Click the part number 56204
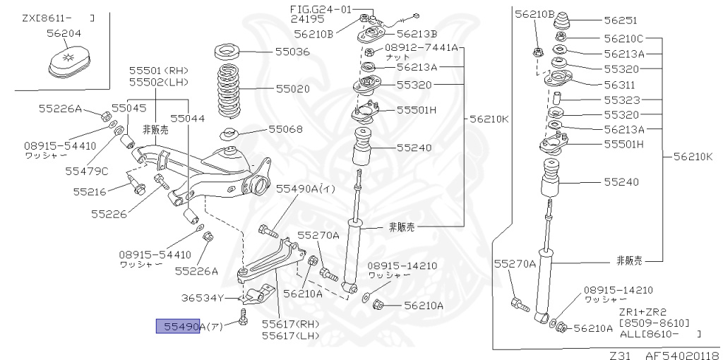[64, 32]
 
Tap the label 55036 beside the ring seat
[292, 52]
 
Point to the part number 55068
[285, 129]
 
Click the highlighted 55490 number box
[178, 326]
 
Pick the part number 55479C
[87, 170]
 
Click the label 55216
[89, 191]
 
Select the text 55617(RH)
[290, 324]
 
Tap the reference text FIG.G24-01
[320, 8]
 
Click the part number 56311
[620, 83]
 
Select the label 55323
[620, 100]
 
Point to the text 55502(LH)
[158, 82]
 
